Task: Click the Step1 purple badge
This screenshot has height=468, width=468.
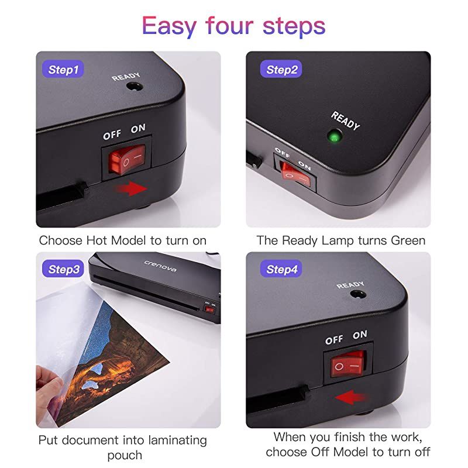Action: point(63,70)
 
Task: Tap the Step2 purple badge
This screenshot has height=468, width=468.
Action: point(282,70)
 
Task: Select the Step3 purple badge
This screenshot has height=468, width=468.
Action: point(63,270)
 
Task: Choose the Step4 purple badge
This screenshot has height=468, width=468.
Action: point(282,270)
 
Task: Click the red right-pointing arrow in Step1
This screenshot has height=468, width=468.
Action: point(130,189)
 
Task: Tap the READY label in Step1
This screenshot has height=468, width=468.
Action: point(126,77)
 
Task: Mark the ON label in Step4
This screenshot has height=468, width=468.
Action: point(360,335)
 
